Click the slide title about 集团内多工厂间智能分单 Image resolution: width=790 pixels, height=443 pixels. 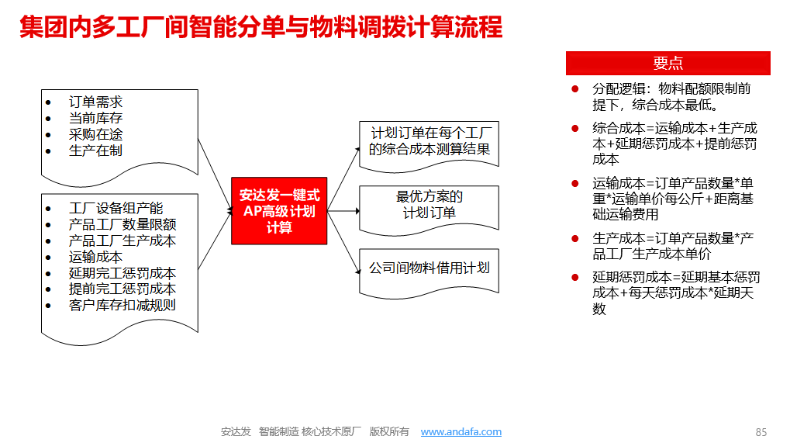point(261,26)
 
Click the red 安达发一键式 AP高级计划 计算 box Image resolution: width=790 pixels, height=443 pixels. point(279,211)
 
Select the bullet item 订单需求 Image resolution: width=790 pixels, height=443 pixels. point(95,102)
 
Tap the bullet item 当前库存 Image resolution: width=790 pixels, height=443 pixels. point(95,118)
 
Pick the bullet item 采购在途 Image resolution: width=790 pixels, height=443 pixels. point(95,134)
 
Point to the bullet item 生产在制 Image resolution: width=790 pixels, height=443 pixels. point(95,151)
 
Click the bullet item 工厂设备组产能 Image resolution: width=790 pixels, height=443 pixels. point(116,208)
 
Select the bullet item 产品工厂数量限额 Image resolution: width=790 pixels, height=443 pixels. point(122,224)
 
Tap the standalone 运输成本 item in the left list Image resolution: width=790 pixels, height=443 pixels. point(95,257)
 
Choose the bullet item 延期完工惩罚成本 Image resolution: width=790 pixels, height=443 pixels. point(122,272)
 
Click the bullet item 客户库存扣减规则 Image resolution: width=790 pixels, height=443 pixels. point(122,305)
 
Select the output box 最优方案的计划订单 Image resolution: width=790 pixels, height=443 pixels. point(429,205)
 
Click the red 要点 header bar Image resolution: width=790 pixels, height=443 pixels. point(668,63)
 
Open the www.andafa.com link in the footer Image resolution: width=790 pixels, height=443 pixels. point(461,432)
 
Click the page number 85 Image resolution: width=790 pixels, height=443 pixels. point(761,432)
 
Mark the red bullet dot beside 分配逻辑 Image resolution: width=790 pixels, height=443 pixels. point(575,89)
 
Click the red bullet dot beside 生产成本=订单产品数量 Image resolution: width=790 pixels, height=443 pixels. point(575,238)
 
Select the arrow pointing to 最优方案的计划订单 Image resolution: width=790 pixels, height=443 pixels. point(343,211)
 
